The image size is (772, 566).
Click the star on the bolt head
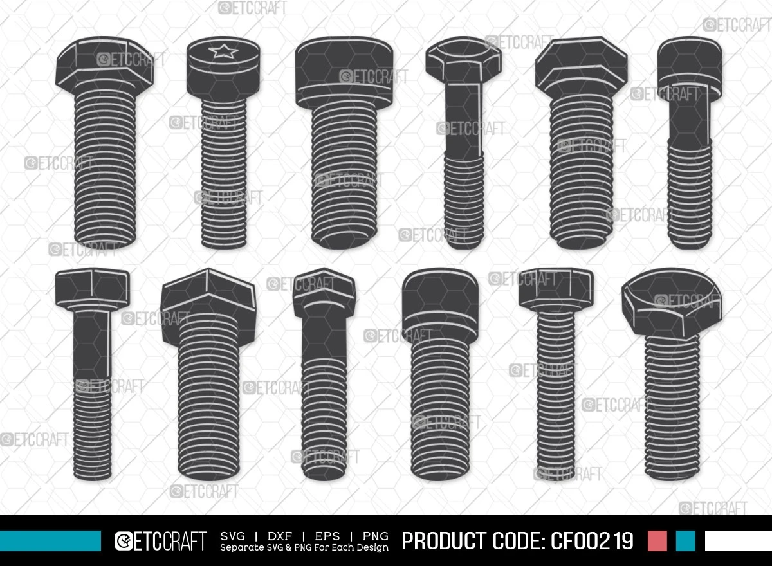[223, 51]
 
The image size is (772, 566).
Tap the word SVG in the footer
[233, 536]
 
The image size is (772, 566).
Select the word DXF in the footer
[279, 536]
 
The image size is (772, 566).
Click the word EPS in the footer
[327, 536]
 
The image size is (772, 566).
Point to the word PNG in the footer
[375, 536]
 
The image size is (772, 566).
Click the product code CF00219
[592, 540]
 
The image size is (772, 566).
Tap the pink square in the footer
[657, 541]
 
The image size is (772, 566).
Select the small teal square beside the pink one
[686, 541]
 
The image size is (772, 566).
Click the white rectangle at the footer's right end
[739, 541]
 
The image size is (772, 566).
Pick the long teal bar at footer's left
[50, 541]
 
